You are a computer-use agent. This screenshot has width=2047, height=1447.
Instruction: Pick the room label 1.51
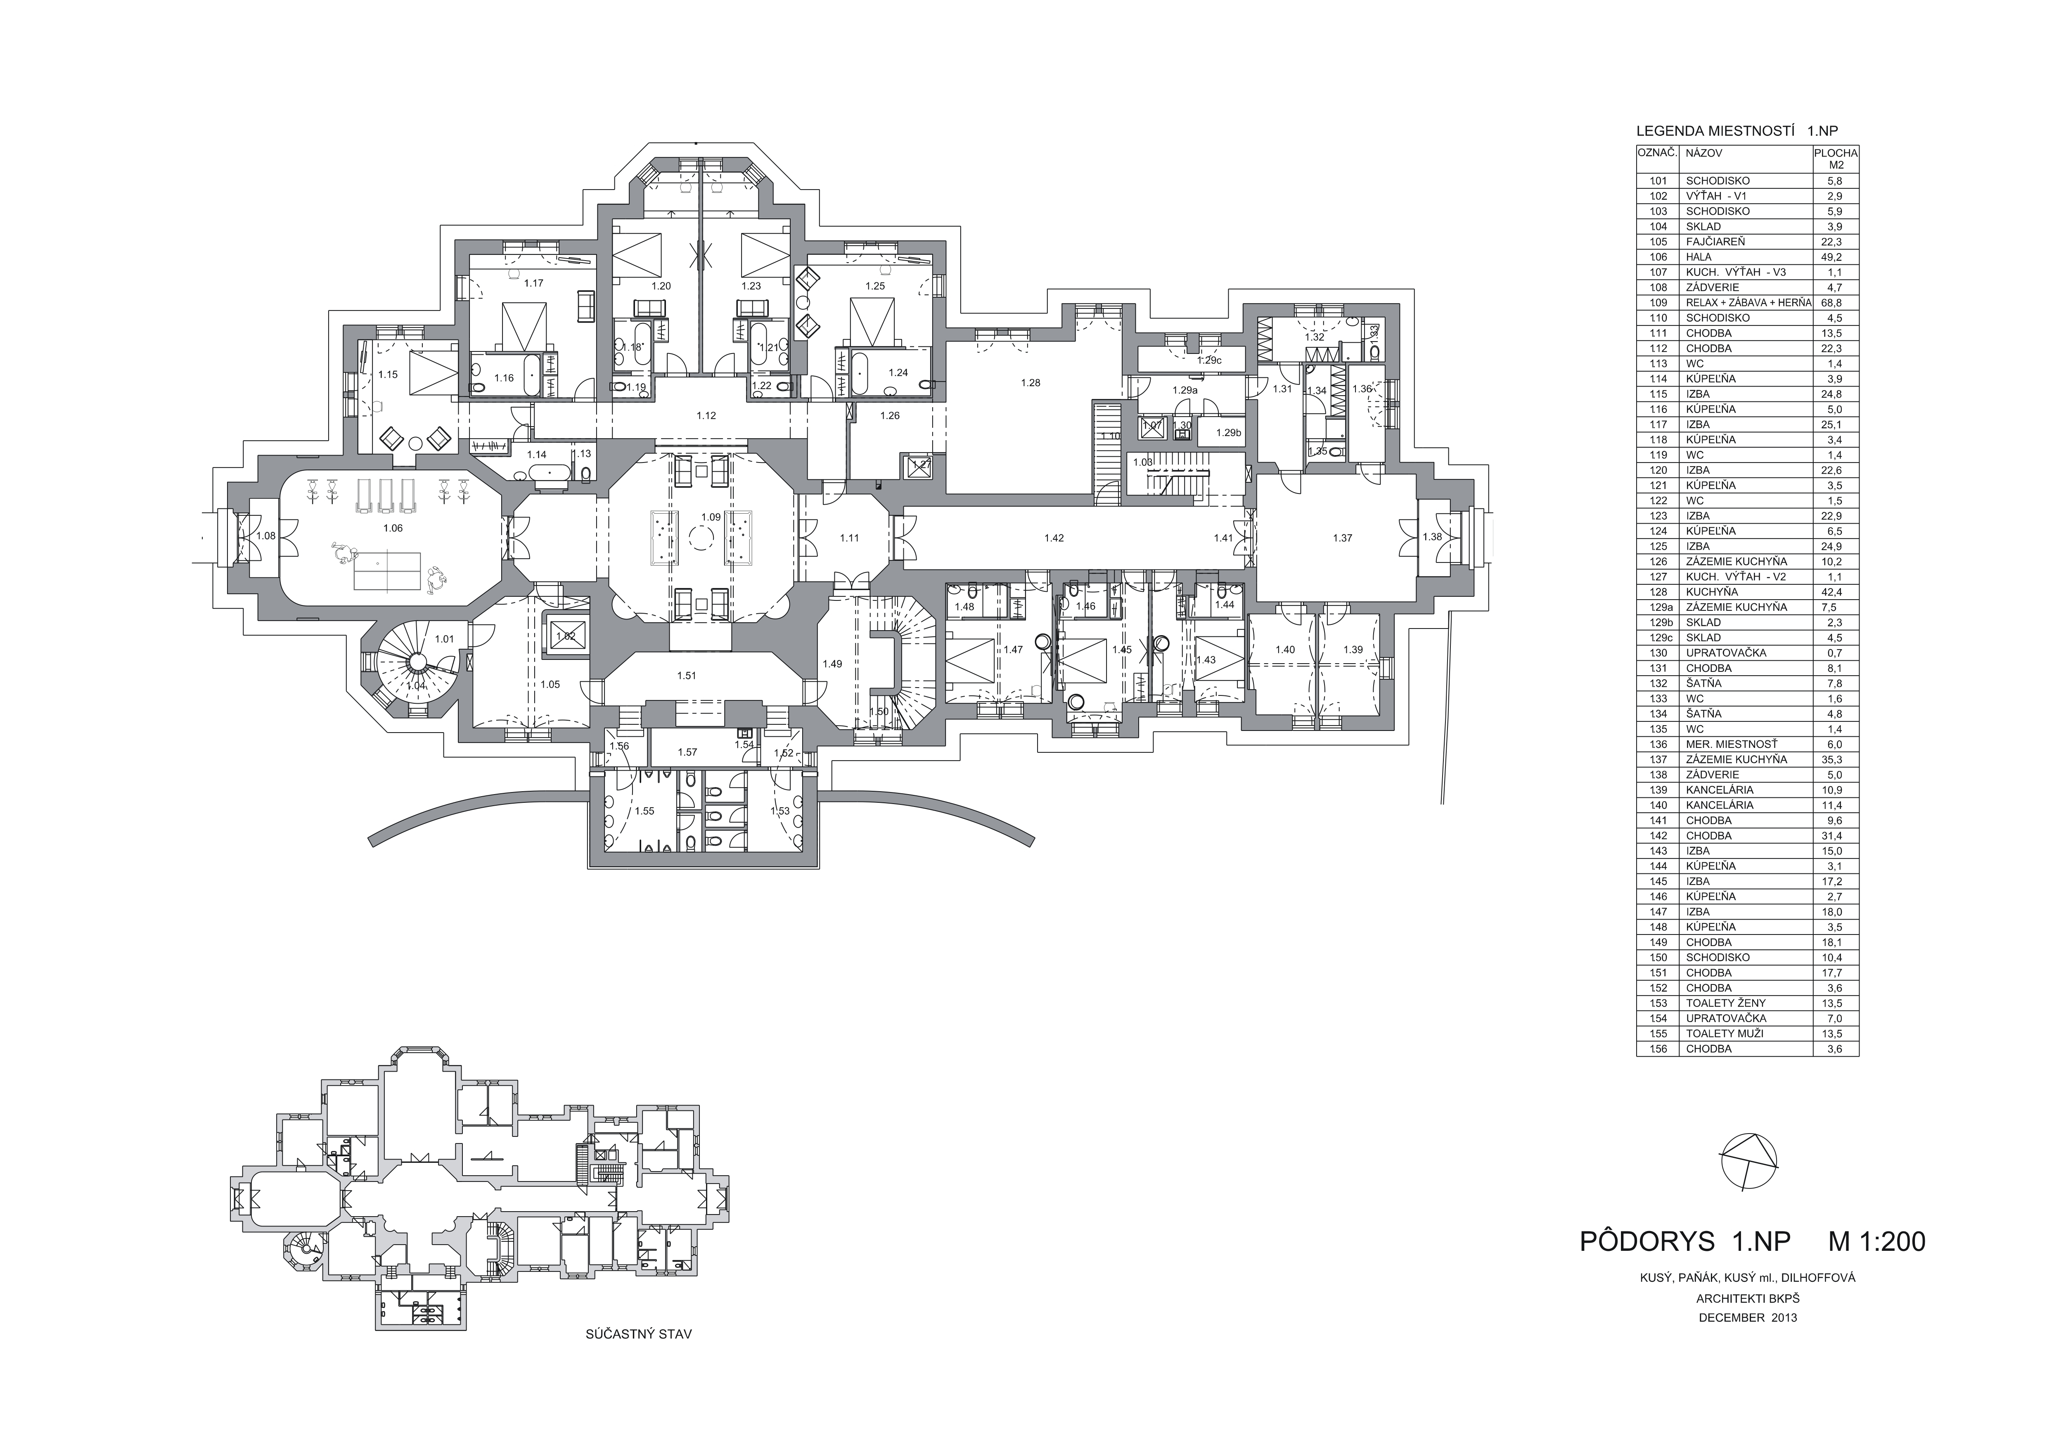coord(687,676)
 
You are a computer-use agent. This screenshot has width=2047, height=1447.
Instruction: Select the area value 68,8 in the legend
coord(1836,302)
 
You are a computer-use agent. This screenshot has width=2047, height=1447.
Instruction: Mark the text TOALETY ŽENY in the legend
coord(1725,1003)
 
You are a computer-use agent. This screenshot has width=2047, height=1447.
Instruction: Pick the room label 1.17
coord(533,284)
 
